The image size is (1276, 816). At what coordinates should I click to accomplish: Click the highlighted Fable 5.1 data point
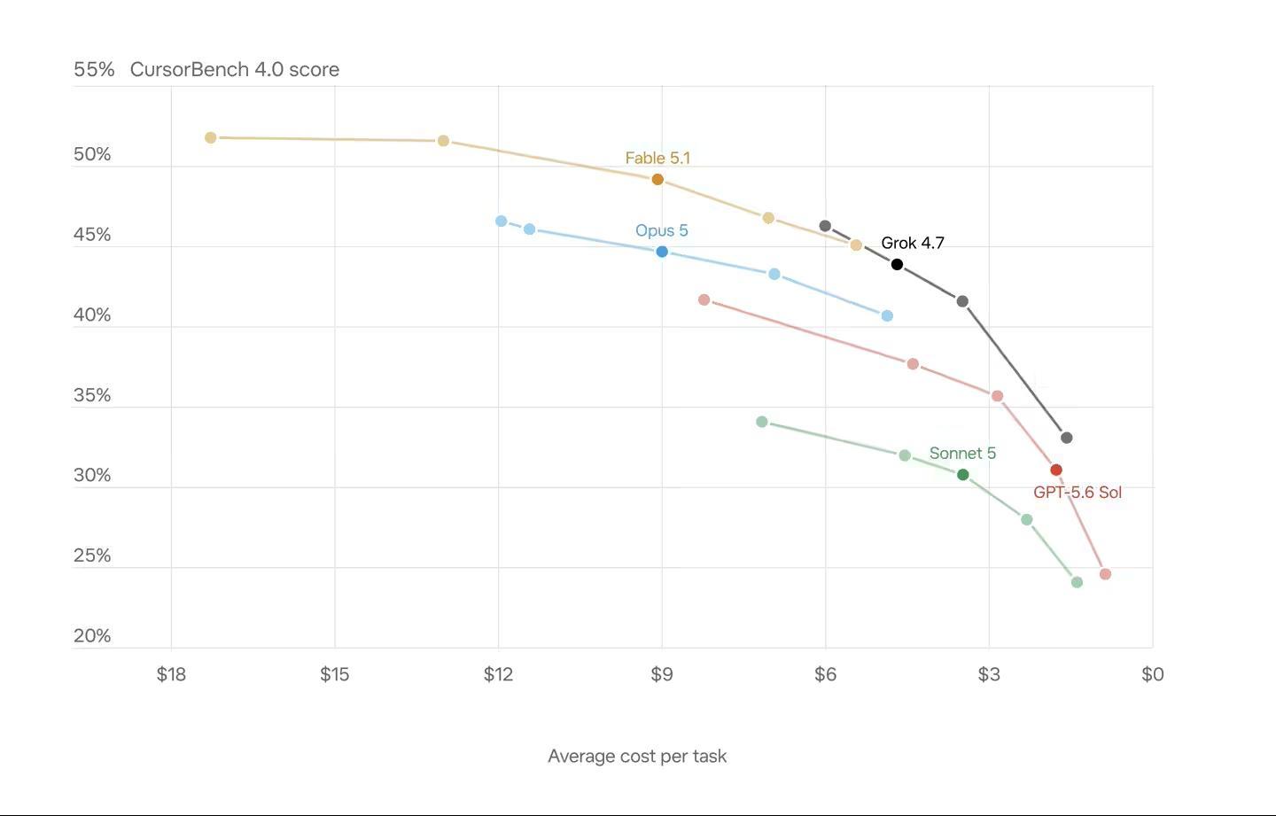(x=657, y=179)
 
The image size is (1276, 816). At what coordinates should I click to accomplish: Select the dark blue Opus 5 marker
(x=662, y=252)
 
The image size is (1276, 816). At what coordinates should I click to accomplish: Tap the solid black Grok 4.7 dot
(x=897, y=264)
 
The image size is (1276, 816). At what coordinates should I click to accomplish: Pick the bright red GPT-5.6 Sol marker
(x=1056, y=470)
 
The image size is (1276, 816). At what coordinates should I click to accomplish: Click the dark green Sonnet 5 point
(x=963, y=474)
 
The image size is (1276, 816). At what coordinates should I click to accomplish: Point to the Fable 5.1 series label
(x=657, y=158)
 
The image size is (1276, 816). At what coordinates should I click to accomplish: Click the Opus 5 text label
(x=662, y=230)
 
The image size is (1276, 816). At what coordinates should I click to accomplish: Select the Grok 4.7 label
(x=913, y=243)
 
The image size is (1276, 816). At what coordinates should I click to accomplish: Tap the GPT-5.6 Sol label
(x=1078, y=492)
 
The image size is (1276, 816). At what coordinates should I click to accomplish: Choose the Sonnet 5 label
(x=962, y=454)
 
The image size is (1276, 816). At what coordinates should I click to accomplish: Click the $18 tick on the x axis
(x=171, y=674)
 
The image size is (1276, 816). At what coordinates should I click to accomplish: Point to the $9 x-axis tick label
(x=662, y=674)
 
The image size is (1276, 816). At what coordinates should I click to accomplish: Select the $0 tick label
(x=1152, y=674)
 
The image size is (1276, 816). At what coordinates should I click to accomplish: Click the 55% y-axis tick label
(x=94, y=69)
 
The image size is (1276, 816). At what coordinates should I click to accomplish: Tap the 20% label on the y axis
(x=92, y=635)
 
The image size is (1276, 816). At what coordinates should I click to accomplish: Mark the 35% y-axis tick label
(x=92, y=395)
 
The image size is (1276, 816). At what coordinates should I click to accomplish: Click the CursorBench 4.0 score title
(x=235, y=69)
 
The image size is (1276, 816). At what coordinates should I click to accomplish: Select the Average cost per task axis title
(x=637, y=757)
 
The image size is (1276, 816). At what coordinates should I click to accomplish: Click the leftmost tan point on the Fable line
(x=211, y=138)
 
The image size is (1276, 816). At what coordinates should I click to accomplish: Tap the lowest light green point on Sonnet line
(x=1077, y=582)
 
